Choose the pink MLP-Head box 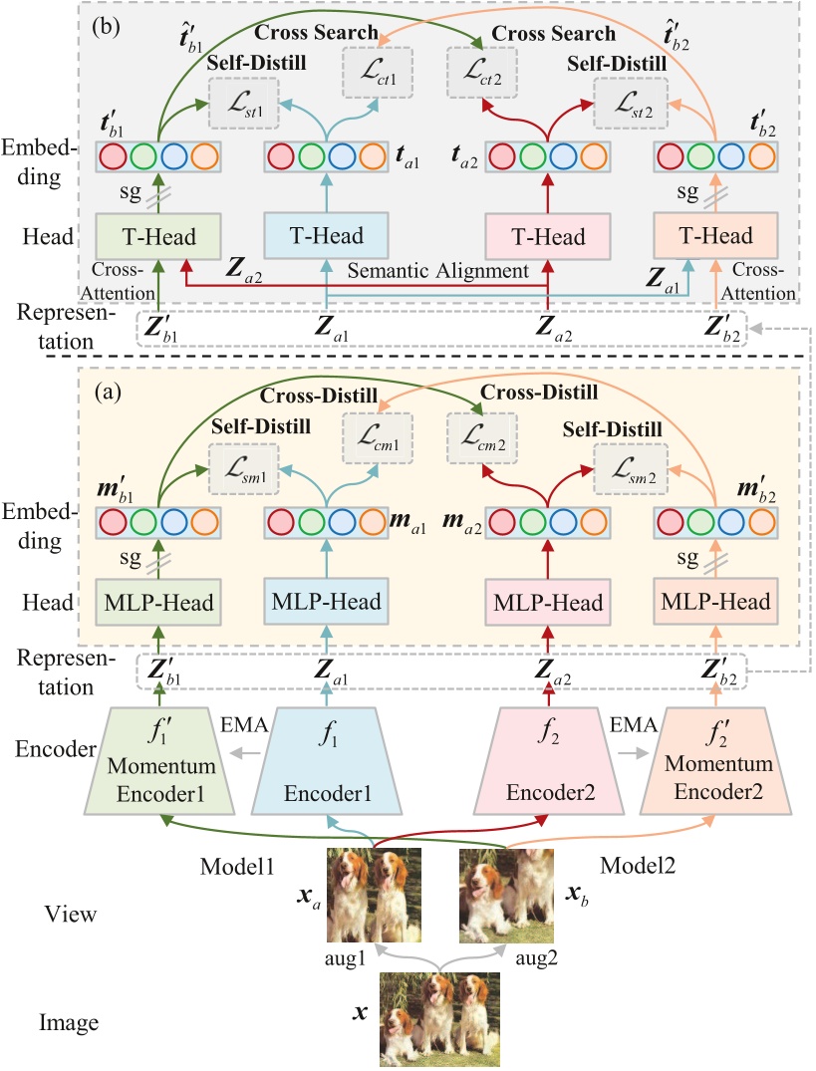pos(547,603)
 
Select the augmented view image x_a pos(376,896)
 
